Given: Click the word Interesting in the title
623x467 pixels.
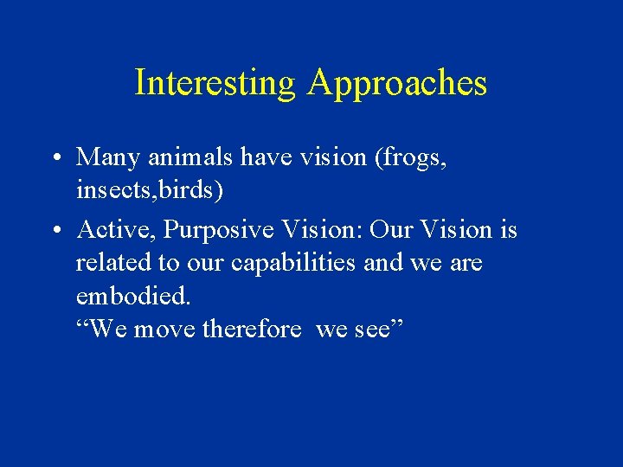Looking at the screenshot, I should click(215, 83).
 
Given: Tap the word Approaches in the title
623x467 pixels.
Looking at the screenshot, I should click(396, 83).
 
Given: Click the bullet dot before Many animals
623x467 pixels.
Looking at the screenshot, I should click(55, 157).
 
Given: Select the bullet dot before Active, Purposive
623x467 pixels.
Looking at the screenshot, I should click(55, 230).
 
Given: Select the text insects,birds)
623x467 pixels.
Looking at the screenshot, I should click(150, 190).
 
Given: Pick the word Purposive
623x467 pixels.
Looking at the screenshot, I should click(216, 230).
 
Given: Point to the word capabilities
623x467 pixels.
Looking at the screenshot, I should click(284, 263).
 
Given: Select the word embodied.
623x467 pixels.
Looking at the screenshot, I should click(132, 296).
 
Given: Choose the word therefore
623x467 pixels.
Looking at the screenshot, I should click(252, 329).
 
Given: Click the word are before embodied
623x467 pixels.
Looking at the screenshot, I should click(466, 263).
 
